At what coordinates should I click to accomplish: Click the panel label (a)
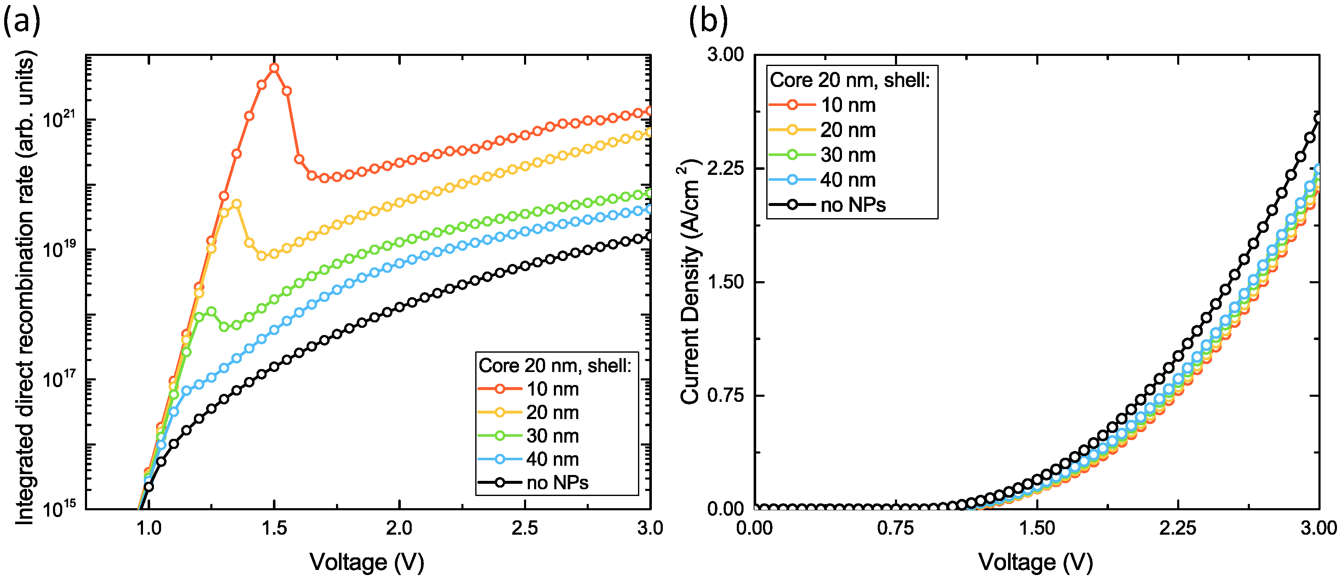[21, 22]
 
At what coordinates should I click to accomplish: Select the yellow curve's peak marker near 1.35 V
[236, 203]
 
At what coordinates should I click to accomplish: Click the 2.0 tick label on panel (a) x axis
[399, 528]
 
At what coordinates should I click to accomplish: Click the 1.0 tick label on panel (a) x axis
[149, 528]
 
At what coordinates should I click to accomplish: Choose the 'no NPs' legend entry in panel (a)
[556, 483]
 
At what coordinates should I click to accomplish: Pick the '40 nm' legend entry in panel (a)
[552, 459]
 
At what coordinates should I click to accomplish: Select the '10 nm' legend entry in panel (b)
[847, 105]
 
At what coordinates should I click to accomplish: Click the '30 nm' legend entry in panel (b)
[847, 155]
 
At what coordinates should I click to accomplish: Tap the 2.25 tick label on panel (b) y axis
[725, 169]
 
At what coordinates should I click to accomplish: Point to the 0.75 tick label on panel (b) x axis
[895, 528]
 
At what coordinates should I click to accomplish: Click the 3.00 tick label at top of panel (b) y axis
[725, 55]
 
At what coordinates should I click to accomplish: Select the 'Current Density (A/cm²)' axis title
[690, 281]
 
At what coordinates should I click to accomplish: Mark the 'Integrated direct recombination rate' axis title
[24, 289]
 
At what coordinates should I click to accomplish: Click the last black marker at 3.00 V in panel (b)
[1318, 119]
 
